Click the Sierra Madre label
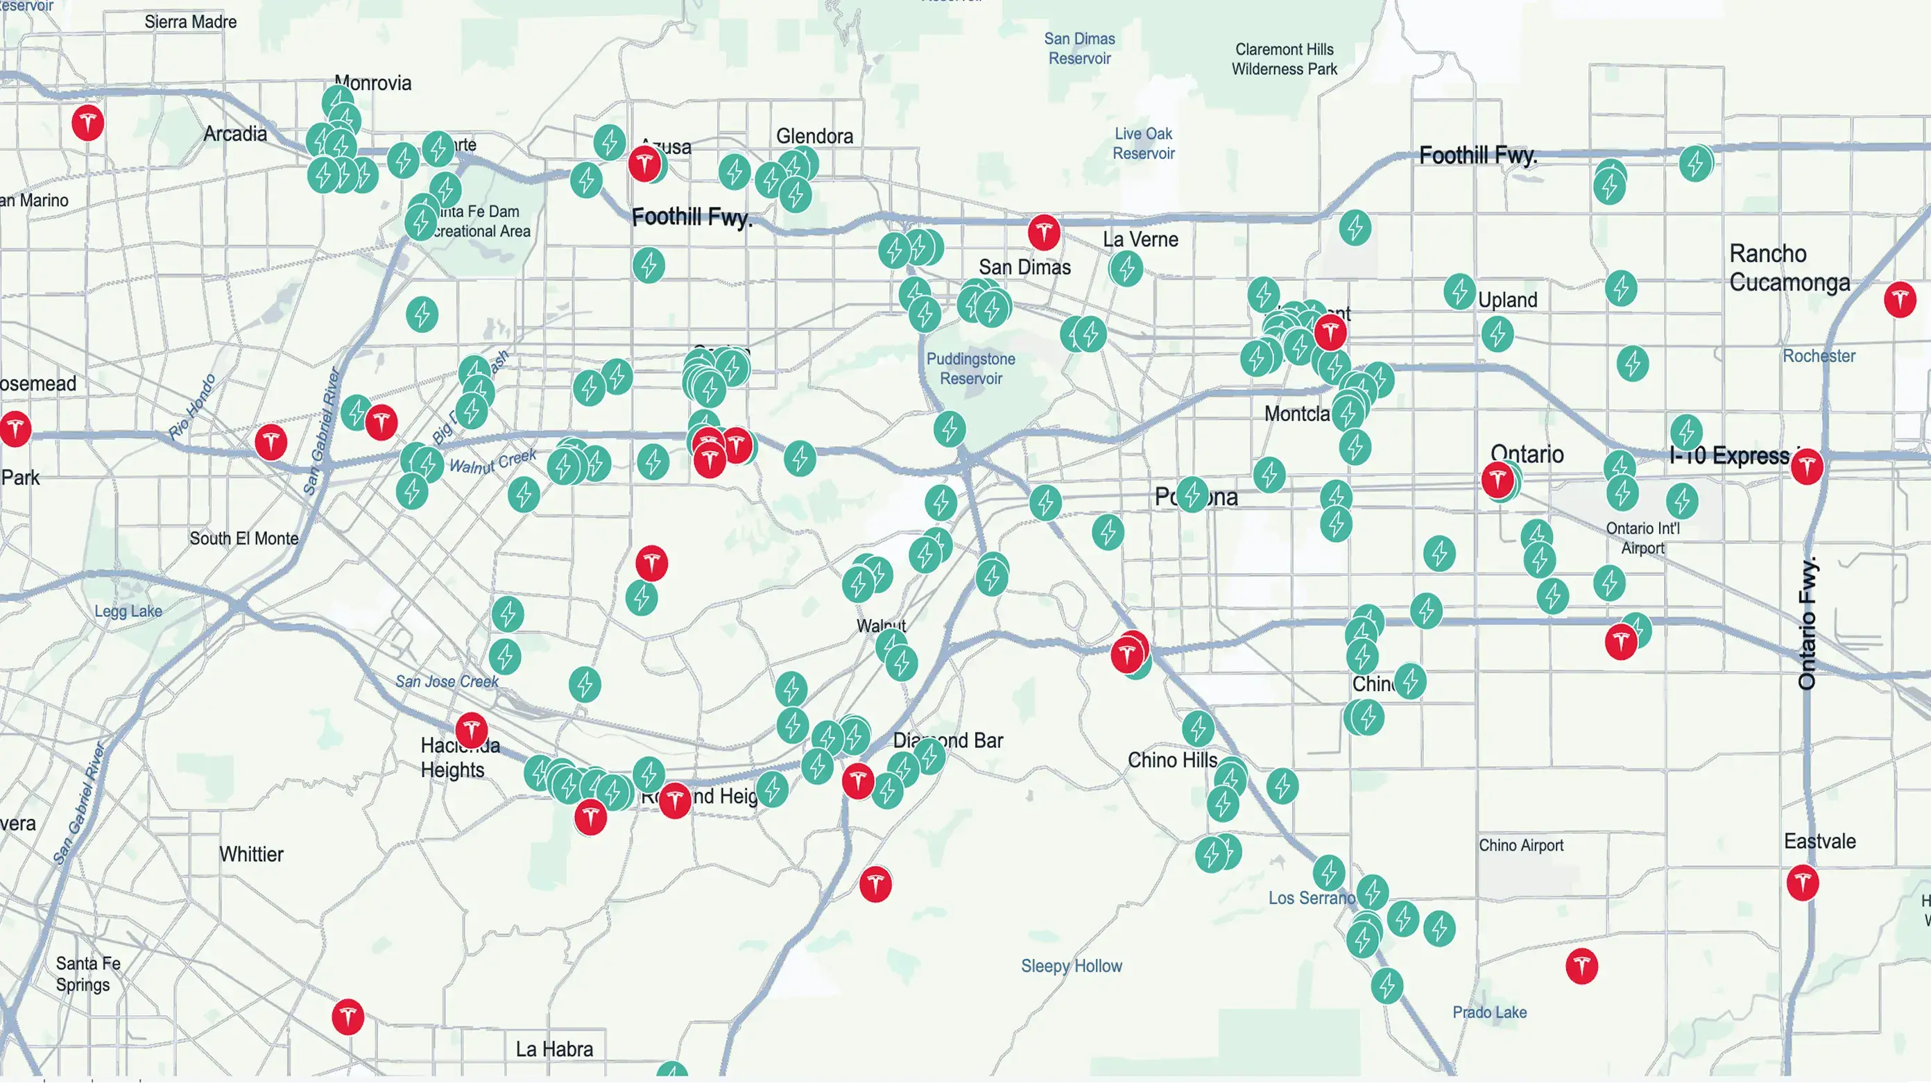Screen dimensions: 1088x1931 point(191,22)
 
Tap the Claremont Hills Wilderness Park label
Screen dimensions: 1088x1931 point(1284,59)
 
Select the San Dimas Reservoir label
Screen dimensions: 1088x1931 point(1079,48)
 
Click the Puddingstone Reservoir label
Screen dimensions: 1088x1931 point(971,368)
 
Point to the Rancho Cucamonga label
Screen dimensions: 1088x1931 point(1790,268)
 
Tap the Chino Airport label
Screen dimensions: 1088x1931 point(1521,845)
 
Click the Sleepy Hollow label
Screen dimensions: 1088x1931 point(1071,966)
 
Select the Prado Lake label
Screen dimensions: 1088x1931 point(1489,1012)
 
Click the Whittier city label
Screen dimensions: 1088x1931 point(251,854)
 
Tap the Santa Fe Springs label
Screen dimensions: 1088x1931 point(87,974)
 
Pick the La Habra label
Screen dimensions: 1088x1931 point(554,1049)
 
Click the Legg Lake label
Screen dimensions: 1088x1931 point(128,611)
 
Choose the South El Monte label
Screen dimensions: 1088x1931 point(243,538)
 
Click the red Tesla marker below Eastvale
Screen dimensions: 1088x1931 point(1802,882)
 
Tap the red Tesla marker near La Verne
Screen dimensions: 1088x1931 point(1043,232)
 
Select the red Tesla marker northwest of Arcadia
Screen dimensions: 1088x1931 point(87,122)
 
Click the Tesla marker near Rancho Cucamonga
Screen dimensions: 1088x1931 point(1899,300)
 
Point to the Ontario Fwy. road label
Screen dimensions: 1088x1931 point(1807,622)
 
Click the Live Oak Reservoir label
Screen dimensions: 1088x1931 point(1143,143)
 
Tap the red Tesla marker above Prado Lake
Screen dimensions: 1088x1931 point(1581,966)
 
